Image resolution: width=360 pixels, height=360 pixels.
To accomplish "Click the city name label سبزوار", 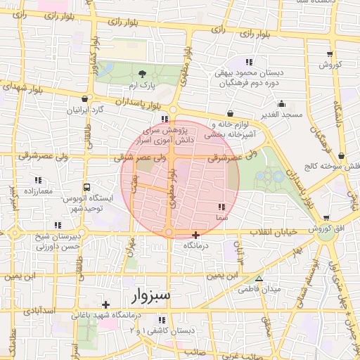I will [150, 295].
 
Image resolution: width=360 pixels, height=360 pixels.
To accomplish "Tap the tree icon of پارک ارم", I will [143, 73].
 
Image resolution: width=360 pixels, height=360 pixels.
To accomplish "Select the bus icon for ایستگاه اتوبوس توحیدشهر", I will [86, 188].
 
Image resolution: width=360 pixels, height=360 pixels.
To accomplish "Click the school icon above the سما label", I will [222, 207].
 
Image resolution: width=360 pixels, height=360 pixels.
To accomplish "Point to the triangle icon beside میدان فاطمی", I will [259, 279].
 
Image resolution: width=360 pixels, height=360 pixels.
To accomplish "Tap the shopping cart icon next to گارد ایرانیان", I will [85, 100].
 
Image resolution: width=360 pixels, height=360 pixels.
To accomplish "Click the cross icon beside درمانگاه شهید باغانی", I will [105, 304].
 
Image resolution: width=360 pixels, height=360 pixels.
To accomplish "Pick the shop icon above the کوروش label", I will [329, 54].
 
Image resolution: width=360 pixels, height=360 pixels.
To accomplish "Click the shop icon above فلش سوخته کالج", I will [341, 156].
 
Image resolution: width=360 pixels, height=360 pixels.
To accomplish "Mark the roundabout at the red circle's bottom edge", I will [169, 233].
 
